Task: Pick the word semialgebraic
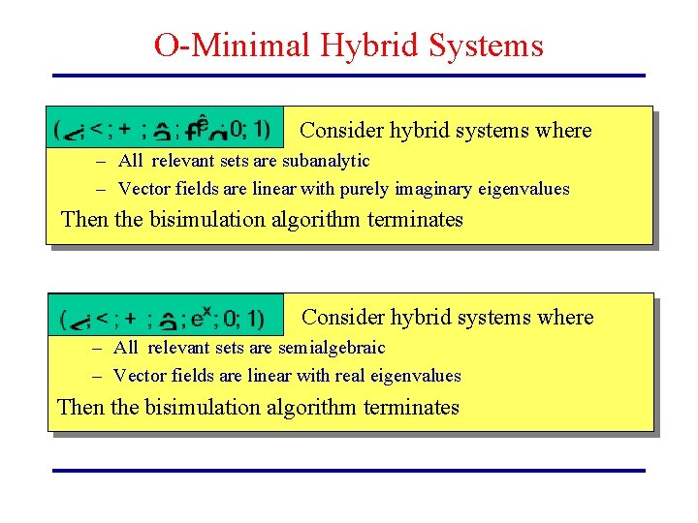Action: point(332,348)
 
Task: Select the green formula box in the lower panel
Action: point(166,316)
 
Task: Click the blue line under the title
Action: point(348,76)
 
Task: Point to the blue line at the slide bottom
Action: point(348,471)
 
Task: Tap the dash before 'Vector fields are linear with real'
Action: point(99,377)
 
